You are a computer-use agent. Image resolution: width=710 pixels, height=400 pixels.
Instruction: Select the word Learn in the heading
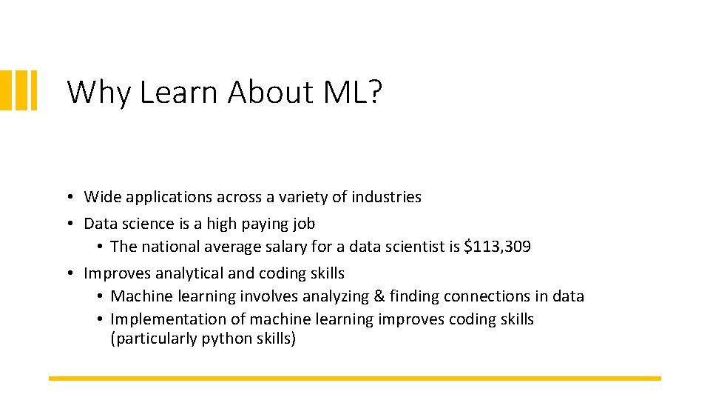[180, 93]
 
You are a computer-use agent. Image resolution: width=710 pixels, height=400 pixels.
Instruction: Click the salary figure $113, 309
[497, 247]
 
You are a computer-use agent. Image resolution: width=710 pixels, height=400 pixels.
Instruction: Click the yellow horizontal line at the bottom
[355, 379]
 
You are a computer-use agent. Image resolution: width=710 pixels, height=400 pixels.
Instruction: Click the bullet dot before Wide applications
[67, 198]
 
